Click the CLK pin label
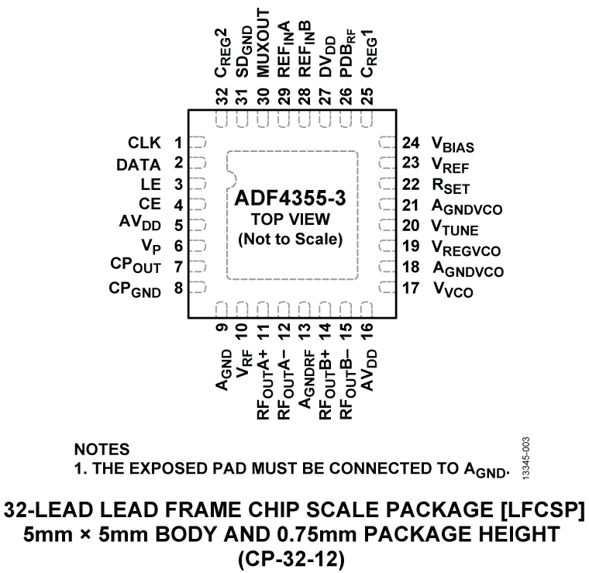(144, 143)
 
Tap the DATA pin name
(139, 164)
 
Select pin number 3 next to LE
(178, 185)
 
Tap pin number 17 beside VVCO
(411, 290)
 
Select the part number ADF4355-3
(289, 200)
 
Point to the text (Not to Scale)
(289, 239)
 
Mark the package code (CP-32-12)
(294, 557)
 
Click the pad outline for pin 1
(198, 143)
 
